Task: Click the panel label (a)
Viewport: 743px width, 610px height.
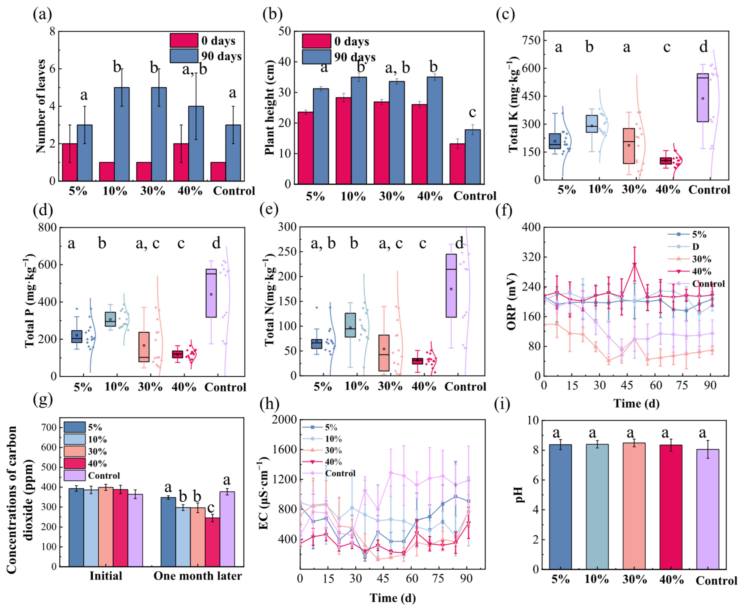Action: (42, 15)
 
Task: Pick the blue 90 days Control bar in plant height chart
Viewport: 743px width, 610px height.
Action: (473, 156)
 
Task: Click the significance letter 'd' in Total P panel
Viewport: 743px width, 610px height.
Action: (216, 243)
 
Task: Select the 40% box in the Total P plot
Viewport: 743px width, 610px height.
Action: (177, 354)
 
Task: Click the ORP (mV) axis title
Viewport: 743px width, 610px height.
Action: (512, 301)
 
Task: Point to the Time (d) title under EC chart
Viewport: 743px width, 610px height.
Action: (393, 598)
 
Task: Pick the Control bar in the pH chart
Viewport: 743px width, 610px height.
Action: (708, 490)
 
